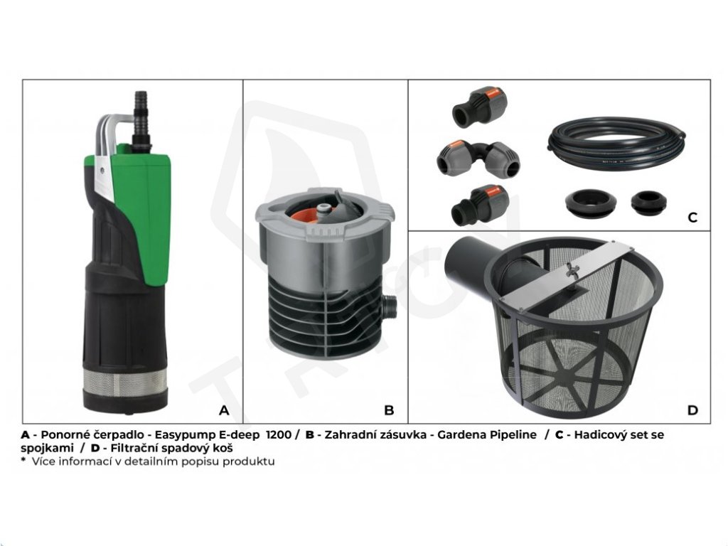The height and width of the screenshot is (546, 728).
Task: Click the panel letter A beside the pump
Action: click(224, 410)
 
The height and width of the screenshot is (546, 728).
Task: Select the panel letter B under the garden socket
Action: click(389, 410)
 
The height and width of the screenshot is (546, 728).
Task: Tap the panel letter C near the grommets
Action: click(692, 218)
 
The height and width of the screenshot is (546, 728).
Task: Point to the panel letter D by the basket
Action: click(692, 410)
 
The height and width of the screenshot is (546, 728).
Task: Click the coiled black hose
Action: click(616, 144)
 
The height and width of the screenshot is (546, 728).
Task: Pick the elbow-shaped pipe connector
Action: click(478, 159)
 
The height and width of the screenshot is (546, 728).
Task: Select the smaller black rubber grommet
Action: click(648, 203)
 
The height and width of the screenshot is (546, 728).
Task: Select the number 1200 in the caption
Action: click(279, 435)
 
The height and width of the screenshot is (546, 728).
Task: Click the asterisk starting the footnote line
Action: click(23, 460)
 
